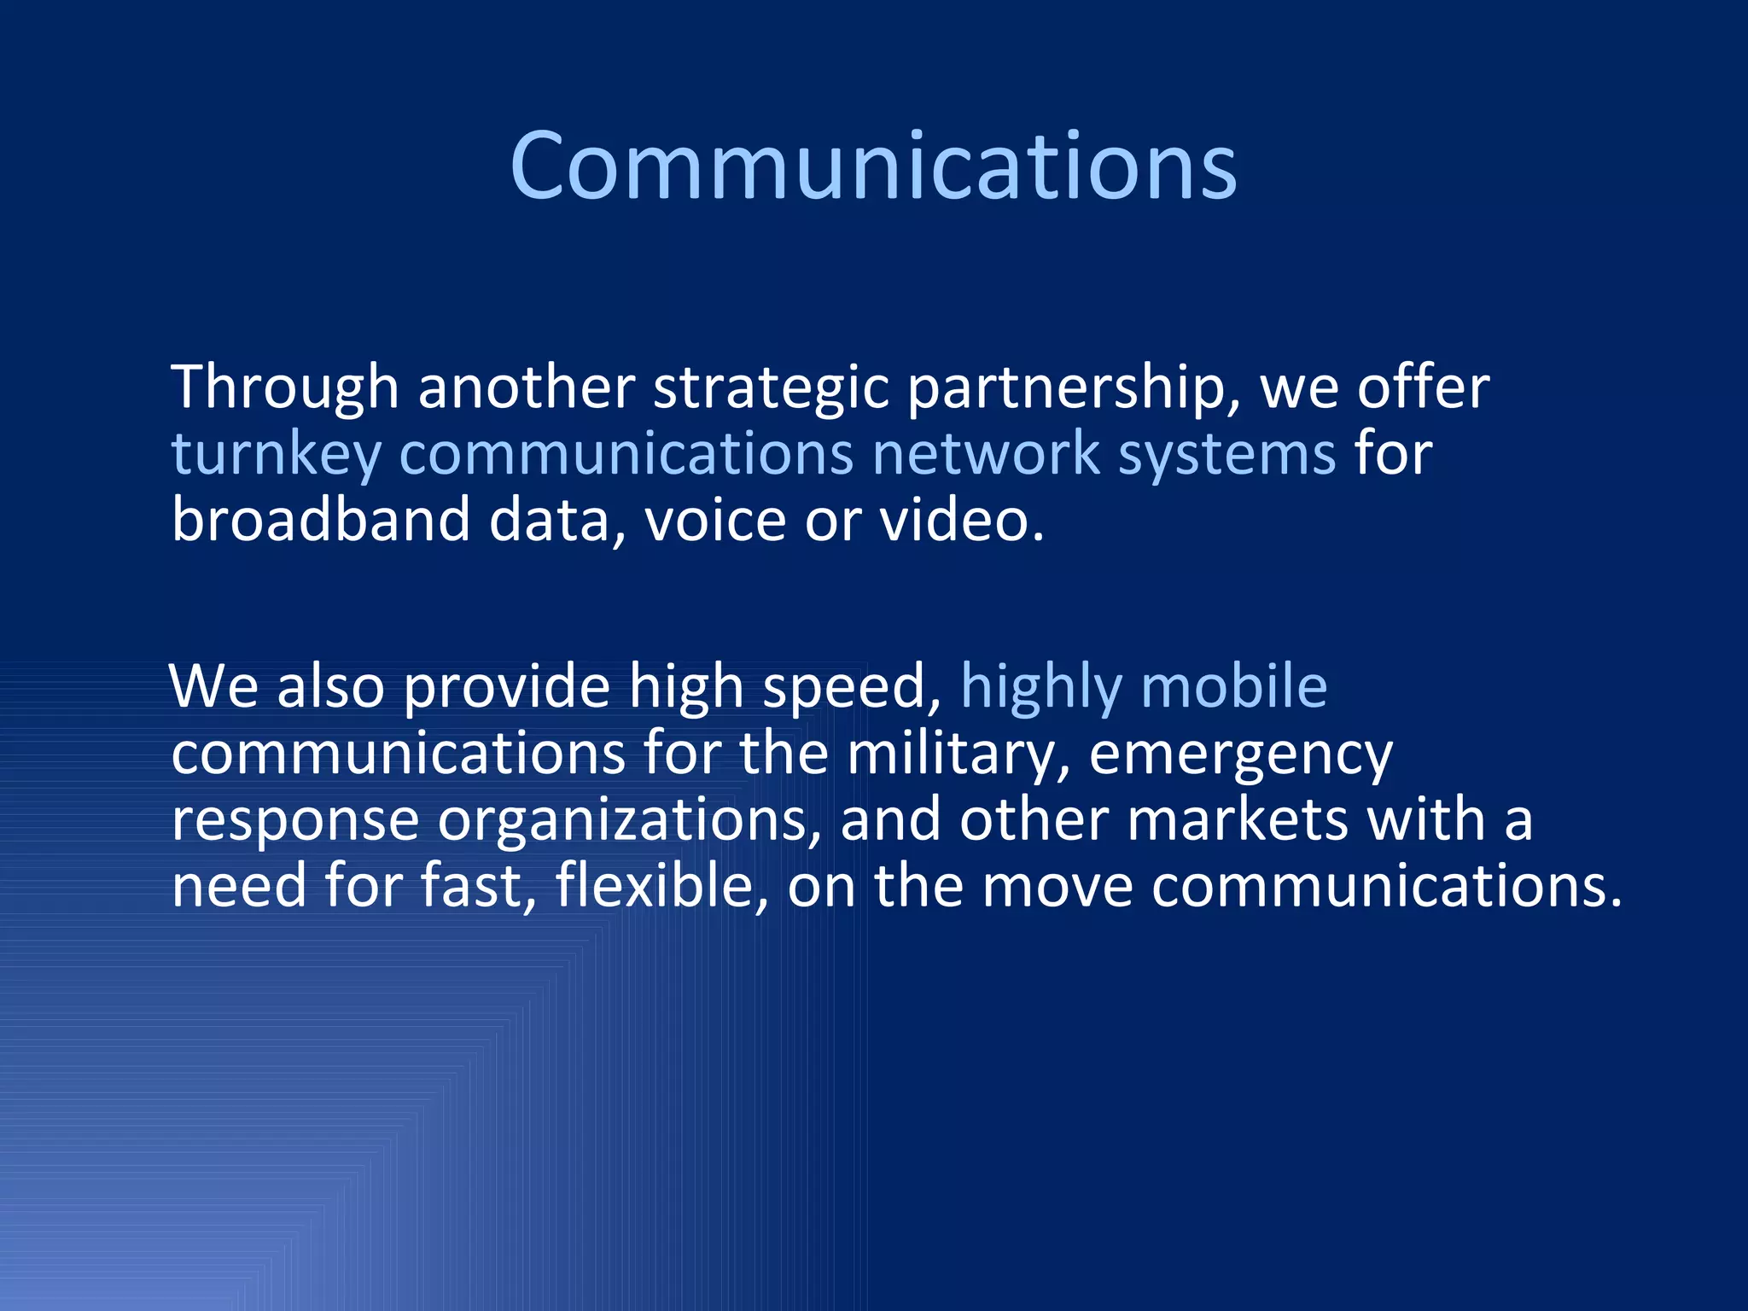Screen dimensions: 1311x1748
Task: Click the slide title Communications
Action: (x=873, y=166)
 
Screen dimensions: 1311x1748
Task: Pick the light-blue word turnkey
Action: (x=276, y=454)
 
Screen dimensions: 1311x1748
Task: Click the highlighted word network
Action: (x=986, y=452)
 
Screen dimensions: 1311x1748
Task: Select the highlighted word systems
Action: (x=1227, y=454)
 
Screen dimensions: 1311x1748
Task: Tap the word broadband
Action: (x=321, y=519)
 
